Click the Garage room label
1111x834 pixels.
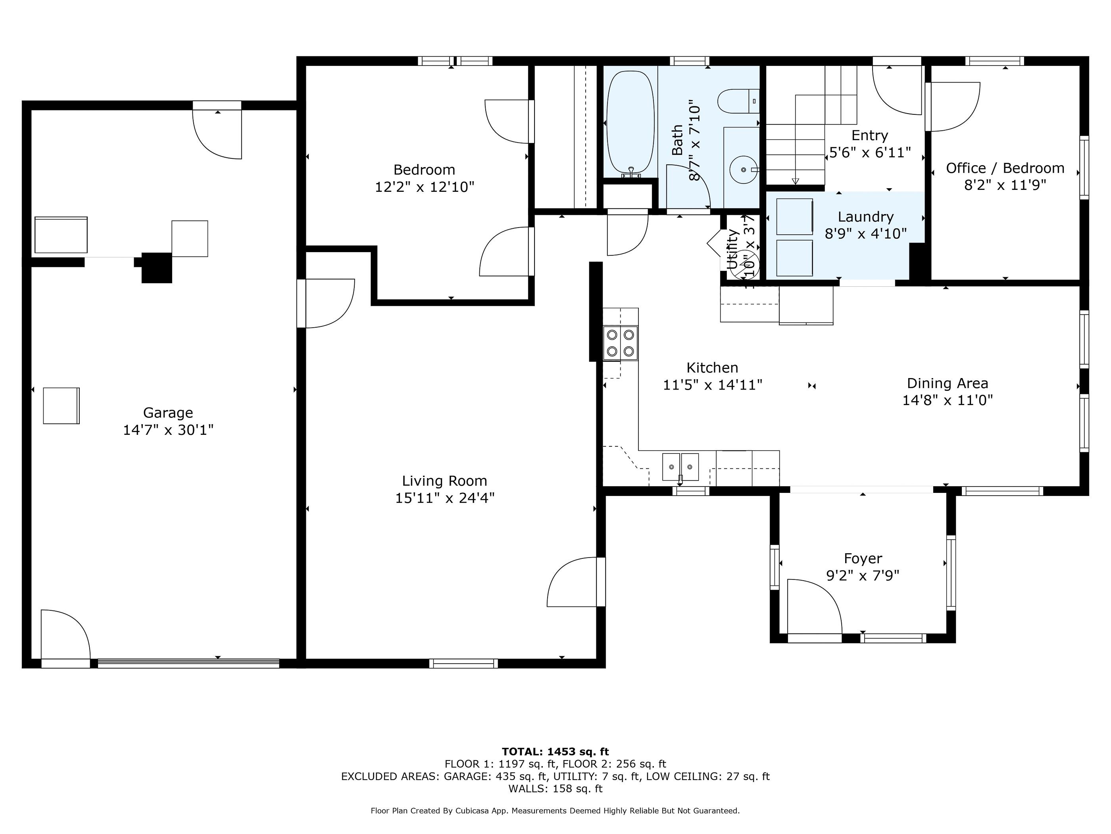(x=168, y=413)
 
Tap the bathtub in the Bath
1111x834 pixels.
(x=630, y=123)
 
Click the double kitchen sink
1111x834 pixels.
(x=680, y=467)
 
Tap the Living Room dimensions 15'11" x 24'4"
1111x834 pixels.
(x=444, y=498)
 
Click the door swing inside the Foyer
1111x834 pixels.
(x=814, y=606)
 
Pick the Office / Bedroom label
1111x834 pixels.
(x=1005, y=168)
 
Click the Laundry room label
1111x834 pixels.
(x=865, y=217)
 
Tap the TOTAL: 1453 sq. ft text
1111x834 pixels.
(x=555, y=751)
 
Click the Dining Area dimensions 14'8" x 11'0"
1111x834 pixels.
(x=947, y=401)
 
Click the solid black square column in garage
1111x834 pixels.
(x=157, y=267)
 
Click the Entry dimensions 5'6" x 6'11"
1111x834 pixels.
(x=870, y=153)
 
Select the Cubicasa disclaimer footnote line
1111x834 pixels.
(x=555, y=811)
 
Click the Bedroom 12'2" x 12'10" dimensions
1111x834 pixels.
(x=425, y=187)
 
